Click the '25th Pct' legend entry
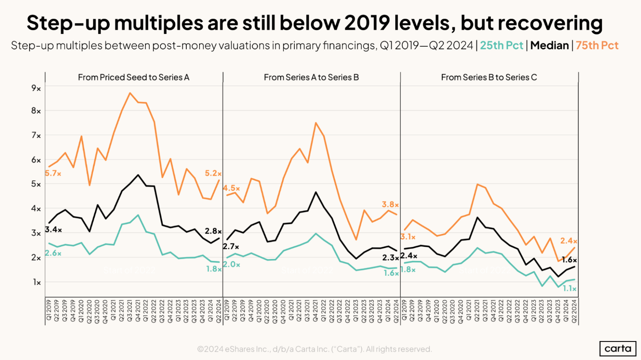tap(501, 45)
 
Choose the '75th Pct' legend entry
tap(597, 45)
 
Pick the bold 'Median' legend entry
tap(548, 45)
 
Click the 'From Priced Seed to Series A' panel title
tap(133, 78)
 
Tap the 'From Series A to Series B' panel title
tap(311, 78)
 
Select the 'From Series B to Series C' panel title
tap(489, 78)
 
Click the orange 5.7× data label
tap(53, 174)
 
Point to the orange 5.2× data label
tap(213, 173)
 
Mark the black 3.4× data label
tap(53, 230)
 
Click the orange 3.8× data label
tap(390, 204)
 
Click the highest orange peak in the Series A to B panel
tap(316, 122)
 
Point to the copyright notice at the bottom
tap(314, 349)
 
